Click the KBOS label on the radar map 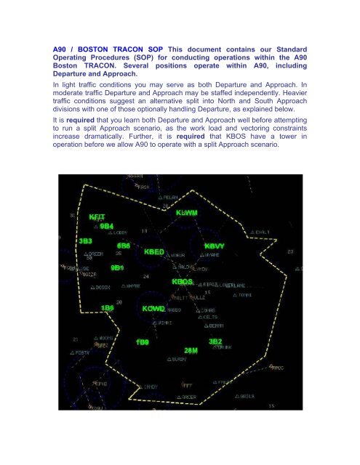(x=183, y=281)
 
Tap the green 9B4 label (x=108, y=227)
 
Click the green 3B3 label (x=86, y=240)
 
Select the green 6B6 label (x=124, y=246)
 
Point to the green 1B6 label (x=108, y=308)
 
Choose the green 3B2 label (x=215, y=341)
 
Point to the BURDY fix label (x=178, y=360)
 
